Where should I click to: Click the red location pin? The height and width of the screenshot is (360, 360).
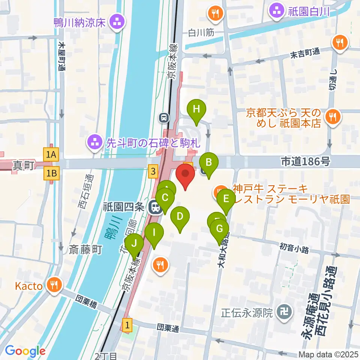(185, 176)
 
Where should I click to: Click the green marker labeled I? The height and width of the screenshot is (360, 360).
(154, 235)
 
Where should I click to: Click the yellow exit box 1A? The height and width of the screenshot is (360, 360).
(51, 154)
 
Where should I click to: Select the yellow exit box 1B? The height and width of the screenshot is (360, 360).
(51, 173)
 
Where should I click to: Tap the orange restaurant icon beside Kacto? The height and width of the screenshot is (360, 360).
(55, 286)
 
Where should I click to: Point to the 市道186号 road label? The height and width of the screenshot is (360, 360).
(306, 162)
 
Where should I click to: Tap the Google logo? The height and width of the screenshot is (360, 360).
(25, 351)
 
